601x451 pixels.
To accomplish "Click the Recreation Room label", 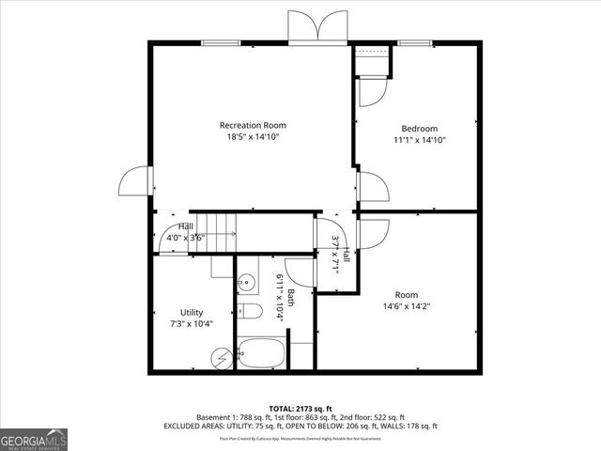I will click(x=253, y=125).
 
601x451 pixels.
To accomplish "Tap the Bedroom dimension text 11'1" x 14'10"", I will click(x=420, y=140).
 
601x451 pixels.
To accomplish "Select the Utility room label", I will click(x=192, y=312).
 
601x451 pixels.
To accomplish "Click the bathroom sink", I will click(x=246, y=281).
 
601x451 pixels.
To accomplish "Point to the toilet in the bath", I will click(x=248, y=312).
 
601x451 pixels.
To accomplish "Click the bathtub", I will click(x=262, y=354).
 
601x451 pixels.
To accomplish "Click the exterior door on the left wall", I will click(x=134, y=182).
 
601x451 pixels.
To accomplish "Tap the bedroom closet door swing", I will click(x=370, y=92).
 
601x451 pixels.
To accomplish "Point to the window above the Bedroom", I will click(x=414, y=42).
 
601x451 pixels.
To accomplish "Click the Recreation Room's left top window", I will click(x=219, y=42).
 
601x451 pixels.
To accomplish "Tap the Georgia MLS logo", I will click(x=34, y=440).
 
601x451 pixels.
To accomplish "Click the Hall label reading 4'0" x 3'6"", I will click(x=186, y=232).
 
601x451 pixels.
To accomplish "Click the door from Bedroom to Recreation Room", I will click(x=371, y=186).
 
